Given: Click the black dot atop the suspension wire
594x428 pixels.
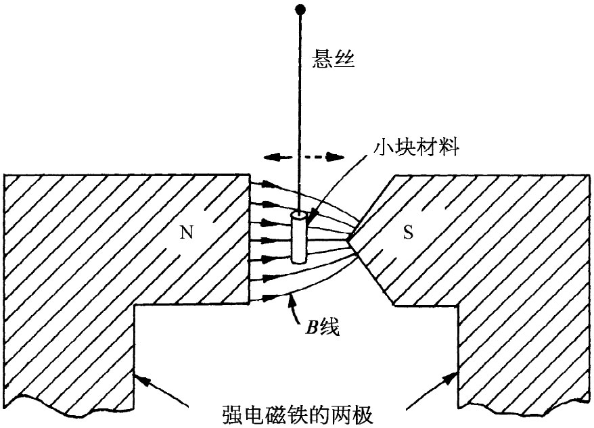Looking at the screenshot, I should click(x=297, y=9).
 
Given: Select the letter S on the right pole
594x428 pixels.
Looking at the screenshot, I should click(x=408, y=233).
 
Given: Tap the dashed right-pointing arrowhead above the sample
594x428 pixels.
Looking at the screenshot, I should click(x=334, y=157).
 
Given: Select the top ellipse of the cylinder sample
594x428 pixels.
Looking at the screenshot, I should click(x=298, y=216).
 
